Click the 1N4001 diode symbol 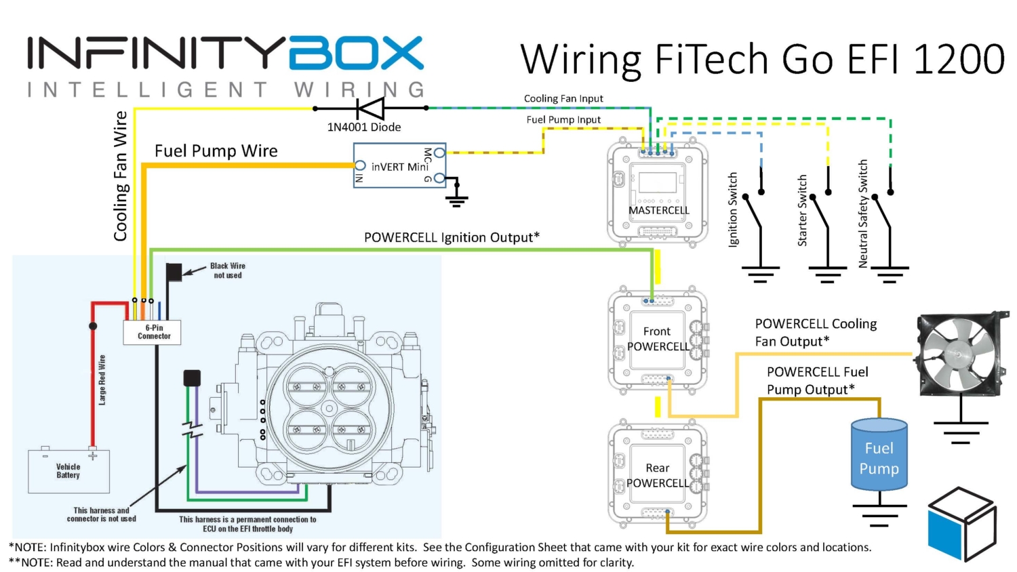370,108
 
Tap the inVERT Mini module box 399,165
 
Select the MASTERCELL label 658,210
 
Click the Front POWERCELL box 657,339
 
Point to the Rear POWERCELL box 657,475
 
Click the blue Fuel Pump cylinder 879,455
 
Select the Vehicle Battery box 68,471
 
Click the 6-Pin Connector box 153,332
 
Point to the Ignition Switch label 733,209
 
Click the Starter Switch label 802,210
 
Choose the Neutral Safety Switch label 863,213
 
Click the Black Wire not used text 227,270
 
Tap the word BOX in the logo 356,54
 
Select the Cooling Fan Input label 563,98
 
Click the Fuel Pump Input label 563,119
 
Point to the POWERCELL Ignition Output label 452,237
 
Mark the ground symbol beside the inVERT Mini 457,197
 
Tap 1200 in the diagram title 959,59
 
